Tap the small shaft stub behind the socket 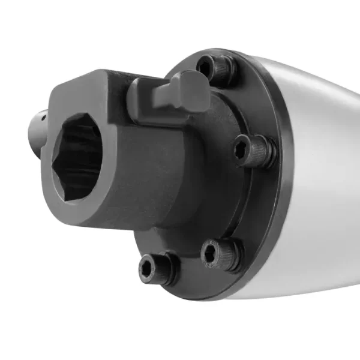(x=37, y=129)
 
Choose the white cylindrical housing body (x=318, y=180)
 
